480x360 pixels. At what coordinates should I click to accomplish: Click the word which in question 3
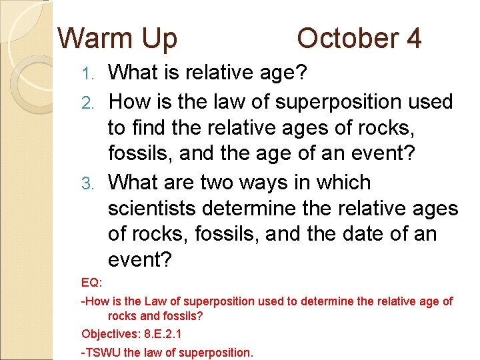click(339, 182)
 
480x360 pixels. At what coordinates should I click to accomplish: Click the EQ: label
click(91, 283)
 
